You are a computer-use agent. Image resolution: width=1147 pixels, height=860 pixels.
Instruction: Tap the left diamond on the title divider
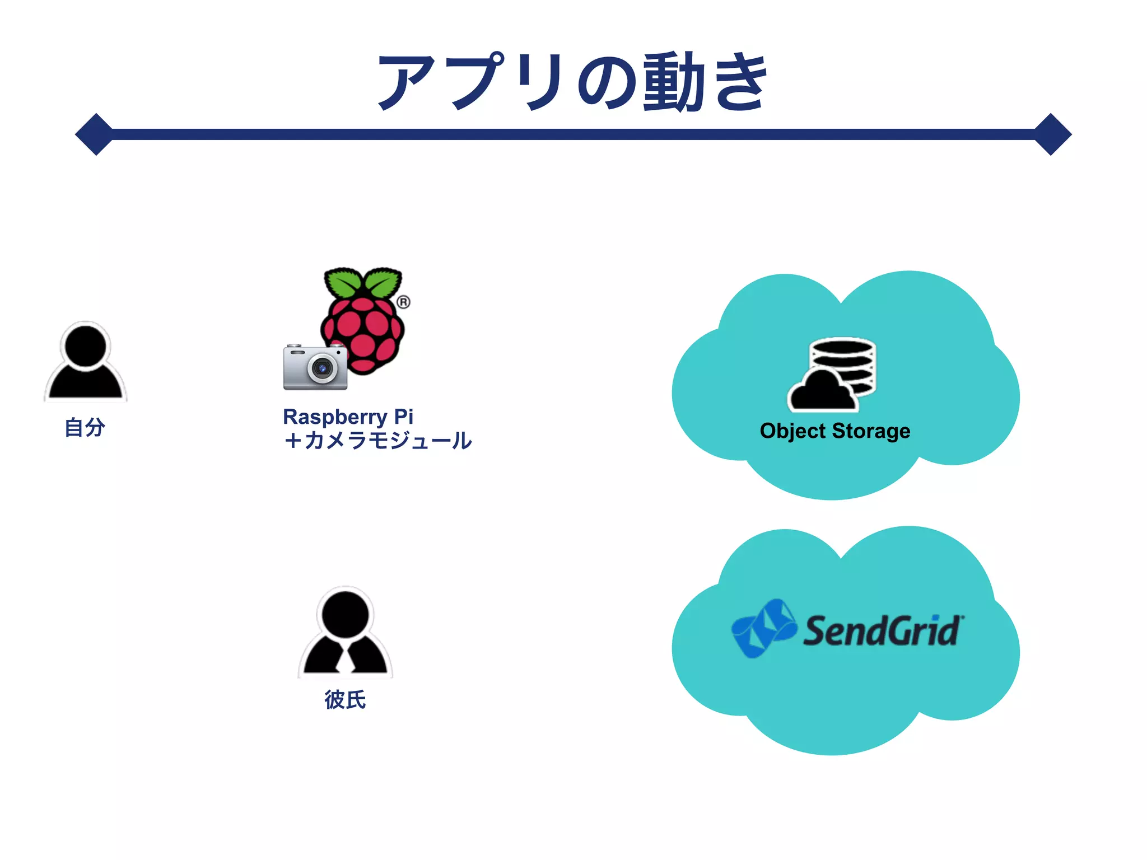[96, 134]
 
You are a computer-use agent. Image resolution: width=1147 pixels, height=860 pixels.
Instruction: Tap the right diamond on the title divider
[1051, 134]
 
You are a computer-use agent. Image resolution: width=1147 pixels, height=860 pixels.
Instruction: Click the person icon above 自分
[86, 362]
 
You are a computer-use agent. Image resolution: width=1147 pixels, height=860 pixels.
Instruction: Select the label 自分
[85, 427]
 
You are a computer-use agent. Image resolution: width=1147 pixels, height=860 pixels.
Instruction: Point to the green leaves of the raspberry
[363, 283]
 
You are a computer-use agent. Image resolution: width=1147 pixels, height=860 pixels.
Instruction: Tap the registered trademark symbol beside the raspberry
[403, 302]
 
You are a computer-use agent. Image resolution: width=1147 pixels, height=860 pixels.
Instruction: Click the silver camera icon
[315, 367]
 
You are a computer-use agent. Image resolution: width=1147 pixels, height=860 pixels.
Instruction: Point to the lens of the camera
[322, 368]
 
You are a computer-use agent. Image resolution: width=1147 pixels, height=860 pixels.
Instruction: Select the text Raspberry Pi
[348, 417]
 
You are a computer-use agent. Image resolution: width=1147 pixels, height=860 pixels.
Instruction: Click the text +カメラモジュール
[377, 441]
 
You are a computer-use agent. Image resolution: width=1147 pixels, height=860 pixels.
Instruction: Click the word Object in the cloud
[792, 431]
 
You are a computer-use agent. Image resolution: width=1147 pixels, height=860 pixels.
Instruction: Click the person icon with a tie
[346, 633]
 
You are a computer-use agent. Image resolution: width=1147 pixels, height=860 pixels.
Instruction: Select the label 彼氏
[345, 700]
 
